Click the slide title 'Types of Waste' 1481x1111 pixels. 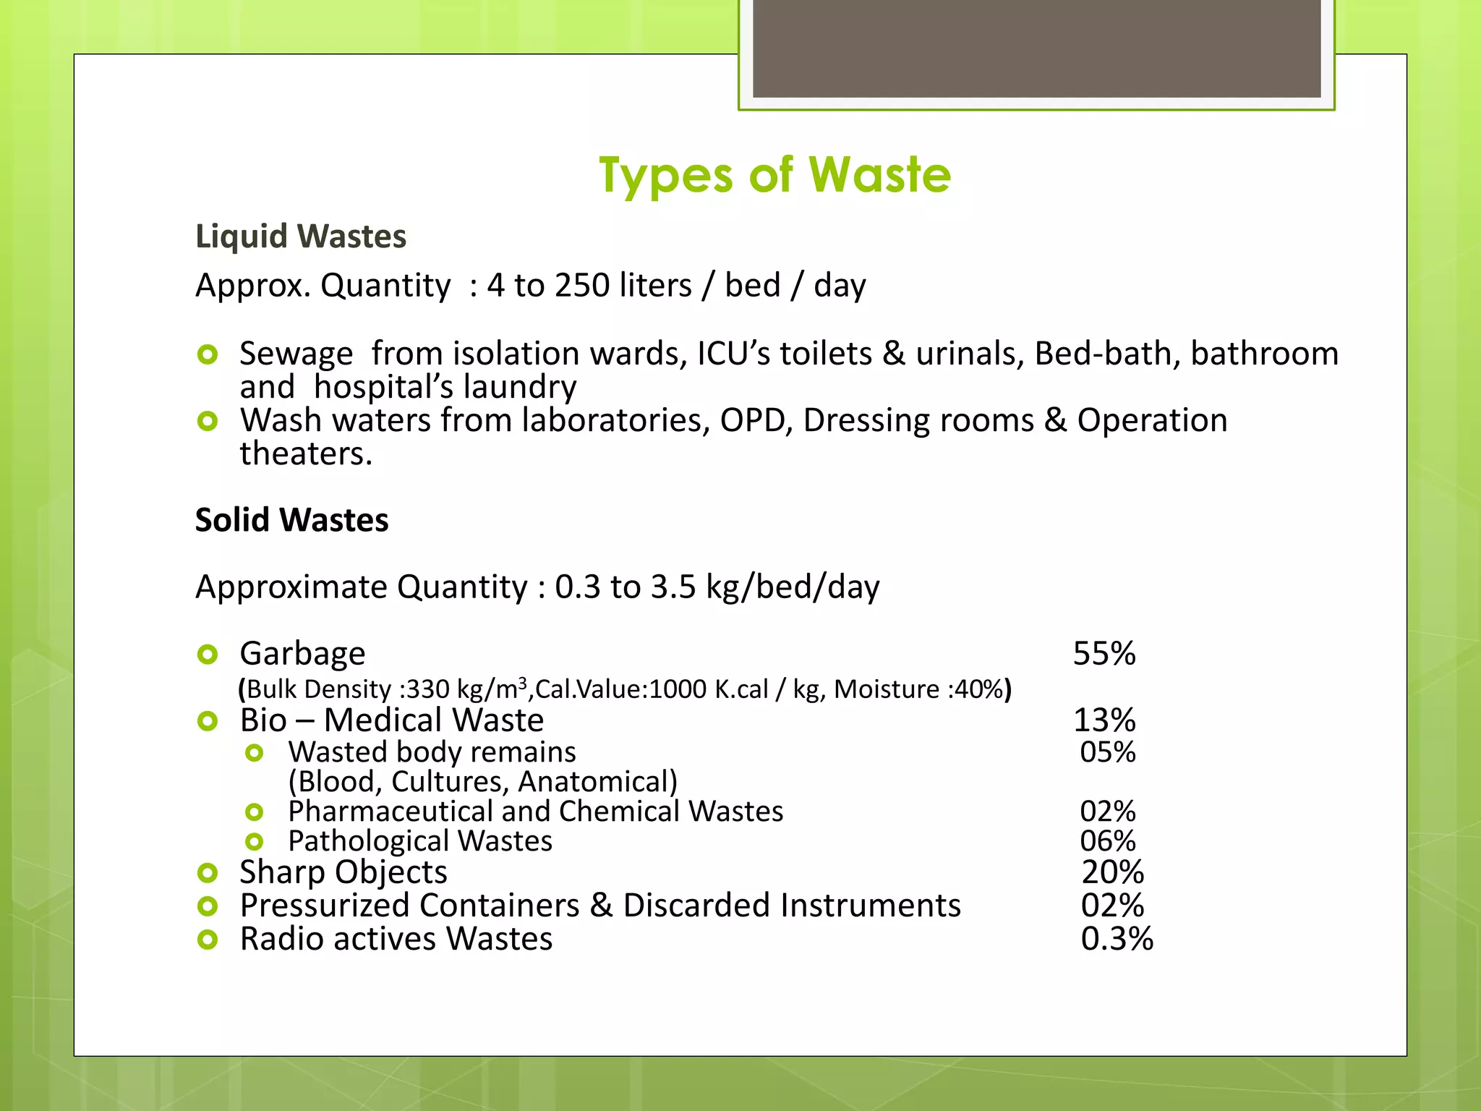pos(774,176)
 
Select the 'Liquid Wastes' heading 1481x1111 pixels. pos(301,237)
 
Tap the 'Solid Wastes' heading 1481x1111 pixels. pos(291,520)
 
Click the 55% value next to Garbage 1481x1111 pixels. pos(1104,653)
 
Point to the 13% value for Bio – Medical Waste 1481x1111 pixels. pos(1104,720)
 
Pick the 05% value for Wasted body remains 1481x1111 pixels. pos(1107,752)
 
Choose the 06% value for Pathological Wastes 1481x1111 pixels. pos(1107,841)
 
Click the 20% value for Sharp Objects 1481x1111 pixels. pos(1112,872)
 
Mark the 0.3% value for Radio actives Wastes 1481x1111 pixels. pos(1117,939)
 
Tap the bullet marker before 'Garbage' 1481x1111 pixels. pos(208,655)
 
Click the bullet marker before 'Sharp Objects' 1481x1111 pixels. pos(208,873)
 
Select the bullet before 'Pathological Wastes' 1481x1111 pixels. pos(254,842)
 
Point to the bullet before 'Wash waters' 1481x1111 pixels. pos(208,421)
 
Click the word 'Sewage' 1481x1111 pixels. pos(296,354)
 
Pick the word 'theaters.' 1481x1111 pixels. pos(306,454)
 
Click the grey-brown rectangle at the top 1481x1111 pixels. pos(1036,48)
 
